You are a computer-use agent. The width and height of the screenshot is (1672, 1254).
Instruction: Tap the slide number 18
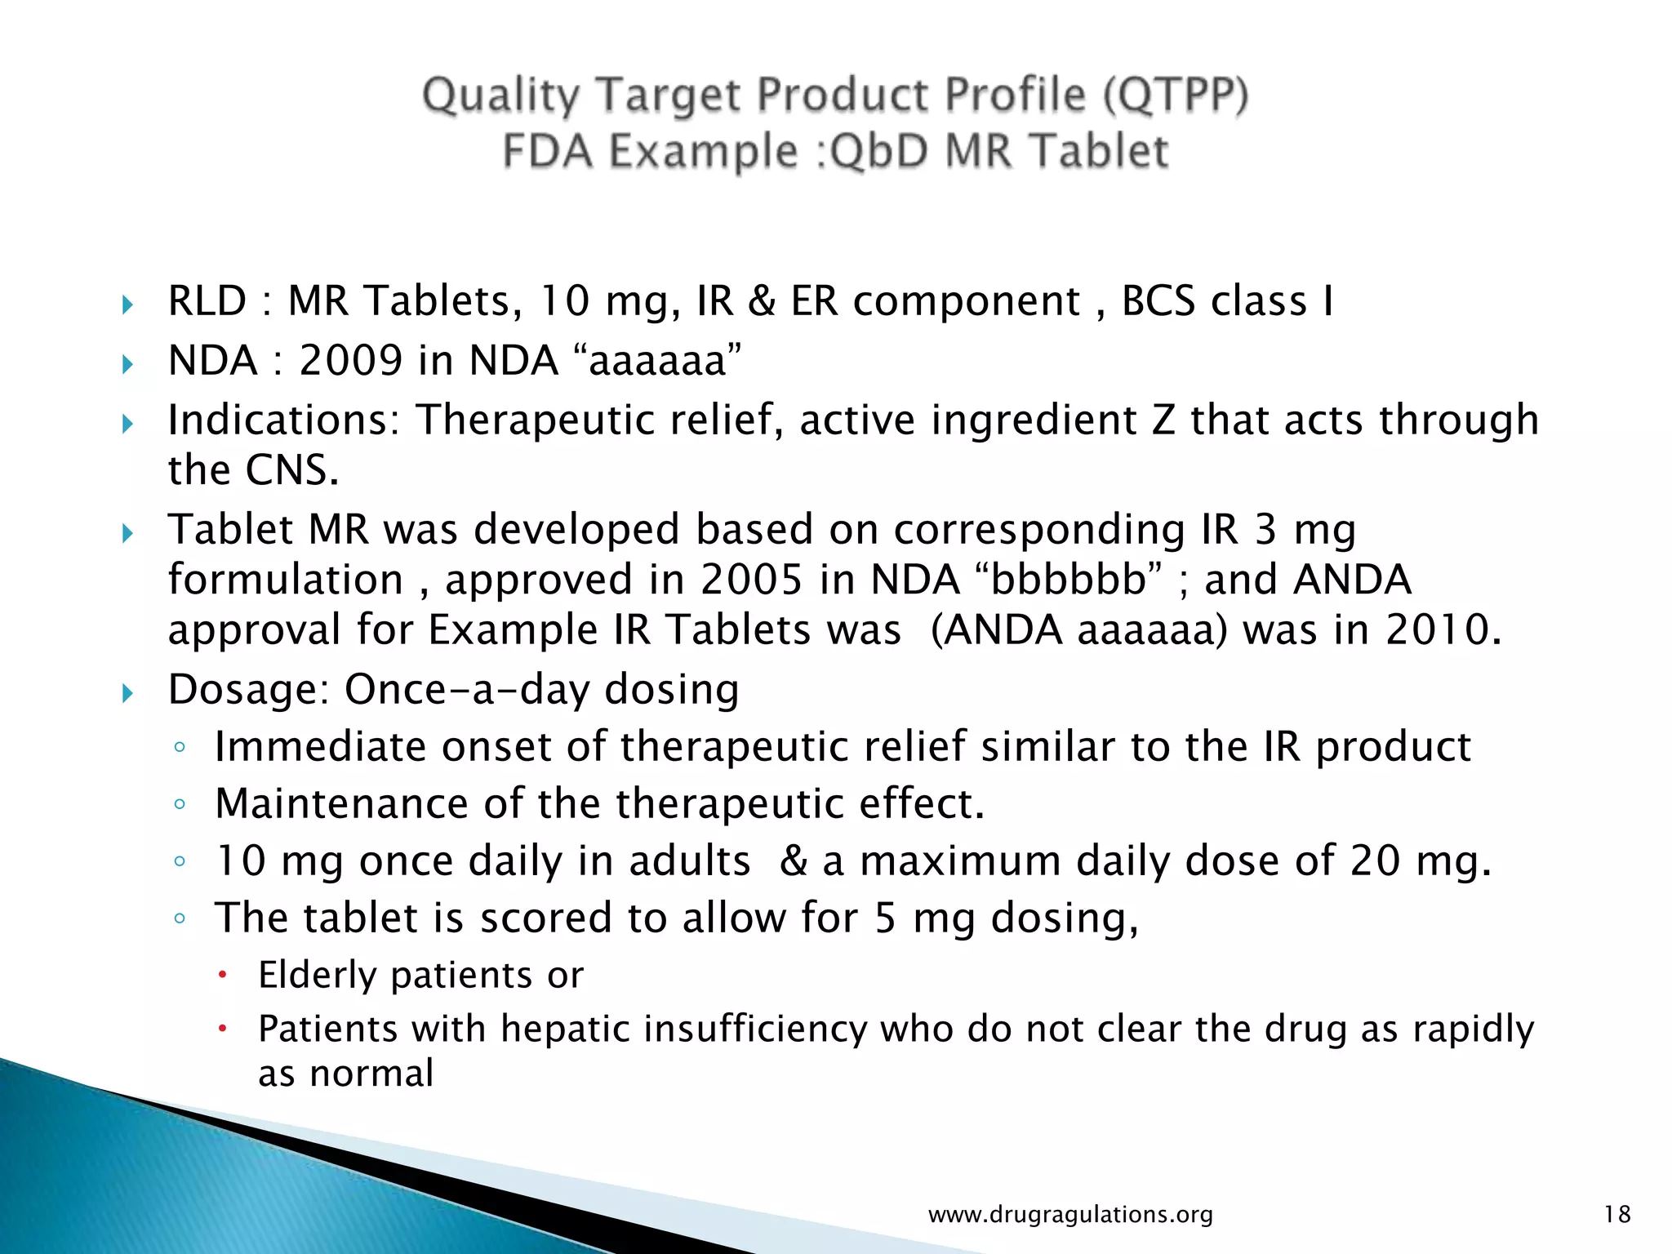(1616, 1214)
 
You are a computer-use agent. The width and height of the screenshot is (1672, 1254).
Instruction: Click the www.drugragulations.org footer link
(1070, 1215)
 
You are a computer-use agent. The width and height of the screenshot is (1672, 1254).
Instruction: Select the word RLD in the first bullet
(207, 301)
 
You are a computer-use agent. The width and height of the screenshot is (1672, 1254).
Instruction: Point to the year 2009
(350, 361)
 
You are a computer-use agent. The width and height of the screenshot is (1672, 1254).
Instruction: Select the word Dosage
(247, 690)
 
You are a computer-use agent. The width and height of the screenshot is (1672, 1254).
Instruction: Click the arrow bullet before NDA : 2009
(127, 364)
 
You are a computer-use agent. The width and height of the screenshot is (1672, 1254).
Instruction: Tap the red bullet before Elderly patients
(222, 974)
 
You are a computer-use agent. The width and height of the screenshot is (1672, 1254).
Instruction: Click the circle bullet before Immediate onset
(180, 747)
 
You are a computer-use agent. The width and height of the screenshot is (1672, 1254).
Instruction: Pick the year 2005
(751, 580)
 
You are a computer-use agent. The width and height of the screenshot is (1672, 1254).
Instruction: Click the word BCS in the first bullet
(1158, 301)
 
